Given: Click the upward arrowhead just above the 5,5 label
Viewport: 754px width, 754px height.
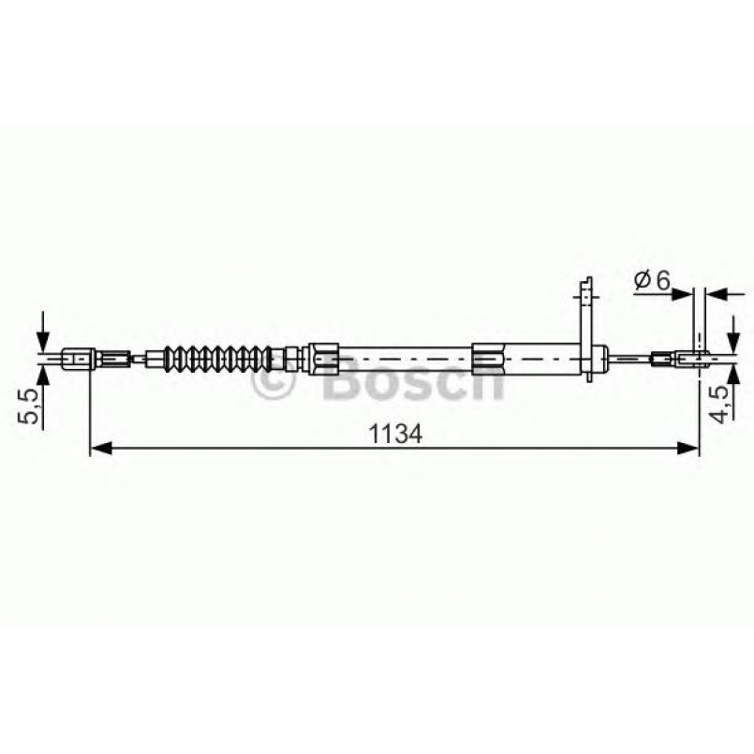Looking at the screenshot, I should tap(42, 372).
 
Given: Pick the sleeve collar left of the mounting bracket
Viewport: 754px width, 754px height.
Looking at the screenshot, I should tap(489, 357).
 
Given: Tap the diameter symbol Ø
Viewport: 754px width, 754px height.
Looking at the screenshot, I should tap(641, 279).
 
